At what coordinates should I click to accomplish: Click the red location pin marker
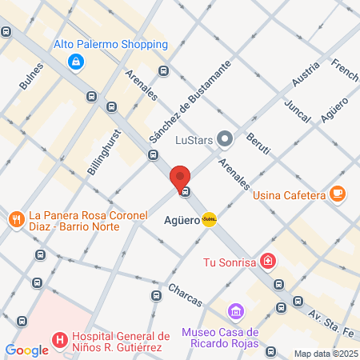coord(180,177)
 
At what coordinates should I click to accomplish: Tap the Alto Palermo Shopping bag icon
coord(75,61)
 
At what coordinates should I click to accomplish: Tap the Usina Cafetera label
coord(289,194)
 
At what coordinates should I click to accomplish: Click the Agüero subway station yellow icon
coord(210,218)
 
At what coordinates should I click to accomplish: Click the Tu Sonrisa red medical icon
coord(268,262)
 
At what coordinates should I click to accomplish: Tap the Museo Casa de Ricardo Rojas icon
coord(235,310)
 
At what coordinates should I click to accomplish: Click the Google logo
coord(26,350)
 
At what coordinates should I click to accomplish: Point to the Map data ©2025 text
coord(324,354)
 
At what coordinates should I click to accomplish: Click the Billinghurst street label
coord(105,153)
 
